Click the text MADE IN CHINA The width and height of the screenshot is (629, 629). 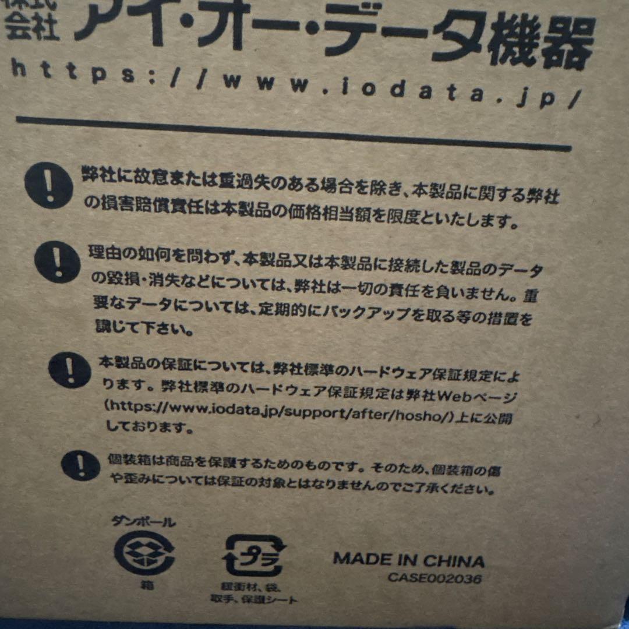[x=409, y=560]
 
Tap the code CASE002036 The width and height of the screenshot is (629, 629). [x=434, y=578]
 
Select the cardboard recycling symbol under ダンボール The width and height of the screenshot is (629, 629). [x=144, y=552]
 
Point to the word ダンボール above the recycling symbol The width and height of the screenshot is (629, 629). [x=143, y=521]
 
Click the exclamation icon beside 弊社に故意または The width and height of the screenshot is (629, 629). [x=48, y=185]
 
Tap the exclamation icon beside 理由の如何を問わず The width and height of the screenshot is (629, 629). [x=57, y=262]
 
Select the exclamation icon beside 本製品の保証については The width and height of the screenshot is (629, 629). [x=70, y=370]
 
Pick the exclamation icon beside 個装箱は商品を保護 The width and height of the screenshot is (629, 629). [x=80, y=465]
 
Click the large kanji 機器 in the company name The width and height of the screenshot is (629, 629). [x=541, y=43]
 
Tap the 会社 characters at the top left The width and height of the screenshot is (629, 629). [x=32, y=29]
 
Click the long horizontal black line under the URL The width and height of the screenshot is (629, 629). [x=294, y=134]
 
